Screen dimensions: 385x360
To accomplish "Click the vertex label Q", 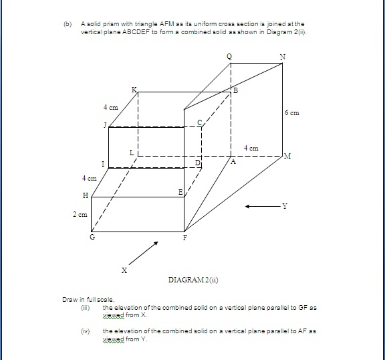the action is pos(231,57).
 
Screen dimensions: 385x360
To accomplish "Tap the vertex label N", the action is pos(283,57).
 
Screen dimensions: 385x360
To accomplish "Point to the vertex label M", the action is pos(287,156).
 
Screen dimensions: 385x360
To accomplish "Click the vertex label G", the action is pos(92,238).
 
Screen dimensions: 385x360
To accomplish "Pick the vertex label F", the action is pos(185,238).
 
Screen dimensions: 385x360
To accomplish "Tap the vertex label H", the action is pos(85,195).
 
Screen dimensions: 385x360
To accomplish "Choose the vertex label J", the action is pos(104,125).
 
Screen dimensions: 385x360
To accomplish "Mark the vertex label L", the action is pos(132,154).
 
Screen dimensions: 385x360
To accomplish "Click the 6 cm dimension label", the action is pos(291,113).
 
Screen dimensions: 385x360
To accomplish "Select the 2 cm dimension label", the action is pos(80,214).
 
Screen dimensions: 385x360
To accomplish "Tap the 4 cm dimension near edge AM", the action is pos(251,147).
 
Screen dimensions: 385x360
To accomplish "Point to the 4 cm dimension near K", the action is pos(110,107).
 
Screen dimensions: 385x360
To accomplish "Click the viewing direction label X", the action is pos(123,270).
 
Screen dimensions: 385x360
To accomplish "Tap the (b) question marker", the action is pos(67,24).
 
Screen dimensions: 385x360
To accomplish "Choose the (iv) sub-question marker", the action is pos(84,331).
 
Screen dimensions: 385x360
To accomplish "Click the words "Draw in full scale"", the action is pos(80,299).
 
